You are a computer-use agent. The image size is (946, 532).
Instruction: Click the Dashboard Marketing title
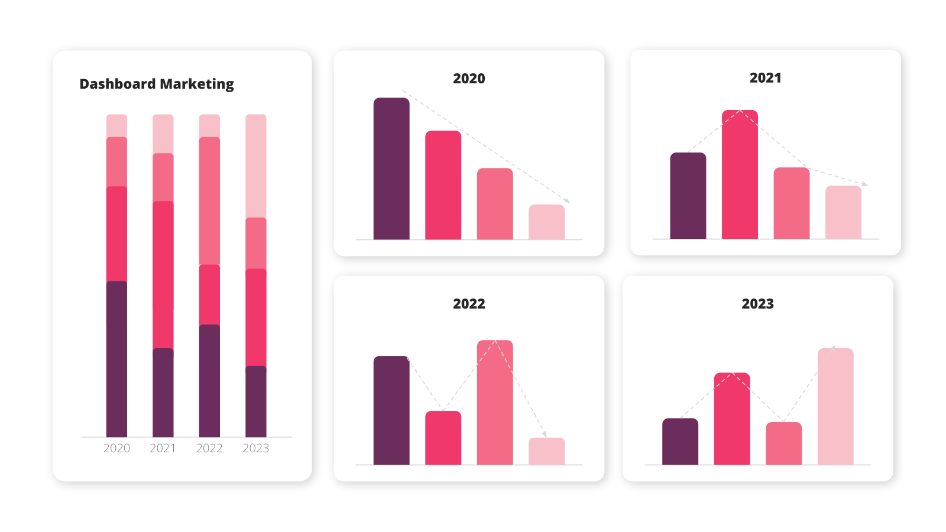tap(157, 84)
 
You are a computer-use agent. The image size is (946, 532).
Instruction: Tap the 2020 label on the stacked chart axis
tap(116, 448)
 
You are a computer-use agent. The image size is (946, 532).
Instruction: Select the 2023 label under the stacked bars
tap(256, 448)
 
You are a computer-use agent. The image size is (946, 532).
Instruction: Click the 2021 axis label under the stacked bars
tap(163, 448)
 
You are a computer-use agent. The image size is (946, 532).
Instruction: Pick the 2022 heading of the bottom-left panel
tap(469, 304)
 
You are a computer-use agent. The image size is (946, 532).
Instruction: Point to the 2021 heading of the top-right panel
tap(765, 77)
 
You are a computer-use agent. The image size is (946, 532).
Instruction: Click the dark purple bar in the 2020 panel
tap(391, 169)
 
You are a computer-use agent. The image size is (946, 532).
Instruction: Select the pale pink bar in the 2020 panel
tap(547, 222)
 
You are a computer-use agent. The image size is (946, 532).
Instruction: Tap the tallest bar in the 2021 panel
tap(740, 174)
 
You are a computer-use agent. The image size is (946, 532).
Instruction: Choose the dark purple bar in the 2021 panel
tap(688, 196)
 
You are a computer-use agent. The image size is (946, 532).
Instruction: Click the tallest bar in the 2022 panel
tap(495, 403)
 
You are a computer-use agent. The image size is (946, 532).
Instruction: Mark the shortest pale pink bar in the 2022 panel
tap(547, 452)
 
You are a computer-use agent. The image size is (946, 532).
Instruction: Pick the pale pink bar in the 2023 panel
tap(835, 407)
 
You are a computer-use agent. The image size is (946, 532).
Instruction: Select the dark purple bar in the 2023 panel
tap(680, 442)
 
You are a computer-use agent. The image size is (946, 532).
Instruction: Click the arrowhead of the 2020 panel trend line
tap(568, 201)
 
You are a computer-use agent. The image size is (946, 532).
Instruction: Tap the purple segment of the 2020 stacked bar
tap(116, 359)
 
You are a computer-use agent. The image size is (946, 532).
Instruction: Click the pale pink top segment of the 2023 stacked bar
tap(256, 166)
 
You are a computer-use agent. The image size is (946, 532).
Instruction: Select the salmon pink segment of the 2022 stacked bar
tap(209, 201)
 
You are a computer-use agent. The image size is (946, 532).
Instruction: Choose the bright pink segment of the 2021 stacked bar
tap(163, 275)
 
